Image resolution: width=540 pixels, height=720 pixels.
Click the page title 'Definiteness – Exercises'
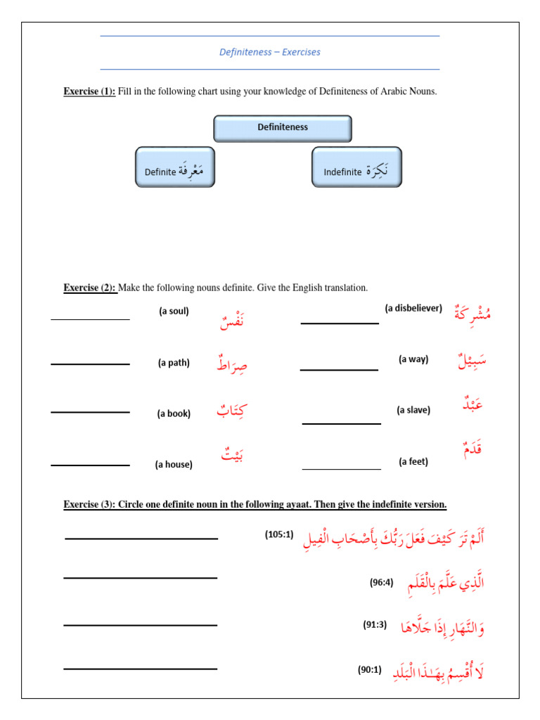(x=270, y=52)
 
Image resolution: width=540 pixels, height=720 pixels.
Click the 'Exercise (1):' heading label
(x=89, y=91)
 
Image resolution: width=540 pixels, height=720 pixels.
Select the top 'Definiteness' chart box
(x=282, y=128)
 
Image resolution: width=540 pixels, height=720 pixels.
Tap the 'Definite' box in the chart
(x=174, y=167)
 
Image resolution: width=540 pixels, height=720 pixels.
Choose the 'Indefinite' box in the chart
(x=356, y=167)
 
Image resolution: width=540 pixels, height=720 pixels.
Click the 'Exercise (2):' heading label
(x=89, y=288)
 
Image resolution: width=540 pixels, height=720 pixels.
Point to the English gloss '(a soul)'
(x=174, y=311)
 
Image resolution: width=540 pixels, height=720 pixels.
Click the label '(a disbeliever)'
(x=413, y=308)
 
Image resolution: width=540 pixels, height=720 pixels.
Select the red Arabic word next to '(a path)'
(x=232, y=364)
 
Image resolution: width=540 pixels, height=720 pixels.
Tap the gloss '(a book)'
(x=174, y=414)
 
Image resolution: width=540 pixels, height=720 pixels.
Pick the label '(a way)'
(x=413, y=359)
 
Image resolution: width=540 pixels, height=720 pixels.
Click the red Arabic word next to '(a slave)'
(x=472, y=406)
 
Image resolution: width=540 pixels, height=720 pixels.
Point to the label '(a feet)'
(x=413, y=462)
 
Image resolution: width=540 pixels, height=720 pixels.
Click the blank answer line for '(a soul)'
(x=90, y=319)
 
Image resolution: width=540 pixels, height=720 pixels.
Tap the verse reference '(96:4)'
(x=382, y=583)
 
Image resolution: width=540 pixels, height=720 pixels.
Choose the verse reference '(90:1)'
(x=370, y=670)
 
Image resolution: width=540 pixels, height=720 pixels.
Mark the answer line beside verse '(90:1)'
(x=140, y=669)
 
